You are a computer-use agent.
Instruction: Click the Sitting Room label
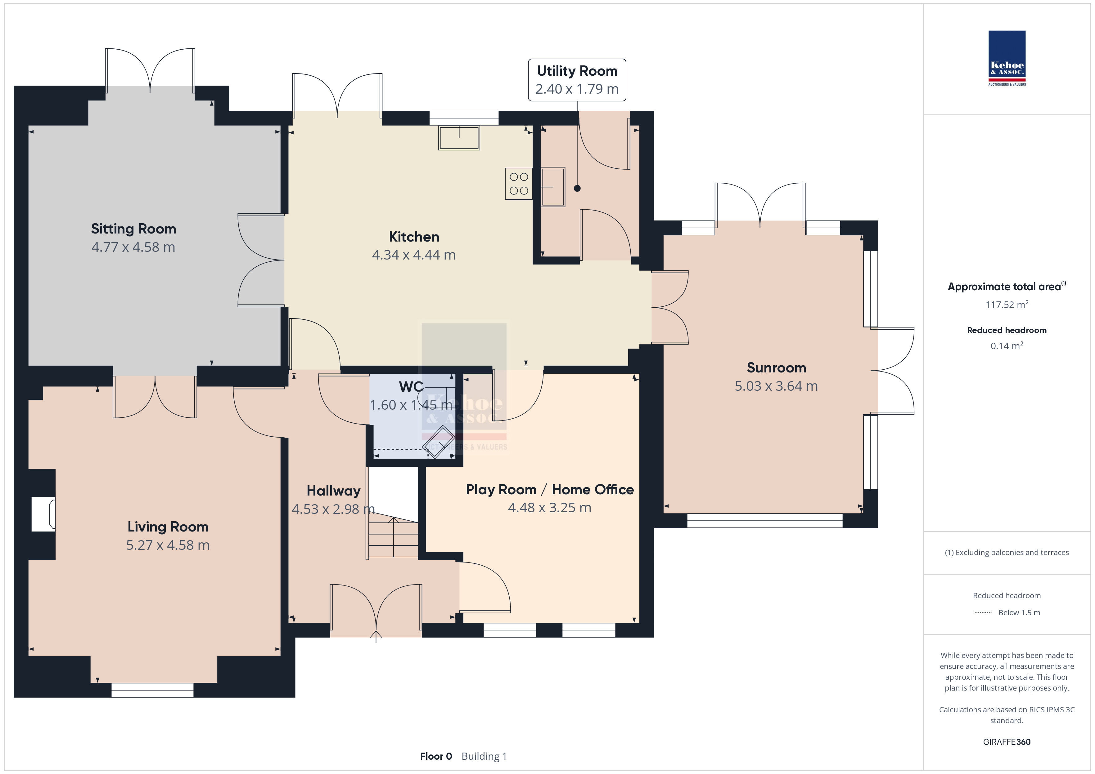pyautogui.click(x=133, y=229)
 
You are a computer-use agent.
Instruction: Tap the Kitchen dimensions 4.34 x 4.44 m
pyautogui.click(x=414, y=255)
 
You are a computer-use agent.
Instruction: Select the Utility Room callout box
pyautogui.click(x=577, y=80)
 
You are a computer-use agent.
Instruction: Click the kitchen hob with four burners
pyautogui.click(x=519, y=184)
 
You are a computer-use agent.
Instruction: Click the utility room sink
pyautogui.click(x=553, y=187)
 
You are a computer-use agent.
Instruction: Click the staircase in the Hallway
pyautogui.click(x=393, y=538)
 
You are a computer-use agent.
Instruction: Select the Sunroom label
pyautogui.click(x=777, y=368)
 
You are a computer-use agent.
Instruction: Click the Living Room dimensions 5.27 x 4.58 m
pyautogui.click(x=168, y=545)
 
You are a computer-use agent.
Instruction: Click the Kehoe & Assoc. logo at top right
pyautogui.click(x=1007, y=58)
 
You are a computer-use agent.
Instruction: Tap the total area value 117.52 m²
pyautogui.click(x=1007, y=304)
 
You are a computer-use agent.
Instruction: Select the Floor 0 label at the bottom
pyautogui.click(x=436, y=756)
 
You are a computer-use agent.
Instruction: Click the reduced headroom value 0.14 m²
pyautogui.click(x=1007, y=345)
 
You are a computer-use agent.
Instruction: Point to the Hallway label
pyautogui.click(x=333, y=491)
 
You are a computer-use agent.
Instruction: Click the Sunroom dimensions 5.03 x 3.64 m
pyautogui.click(x=777, y=386)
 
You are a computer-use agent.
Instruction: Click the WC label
pyautogui.click(x=411, y=386)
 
